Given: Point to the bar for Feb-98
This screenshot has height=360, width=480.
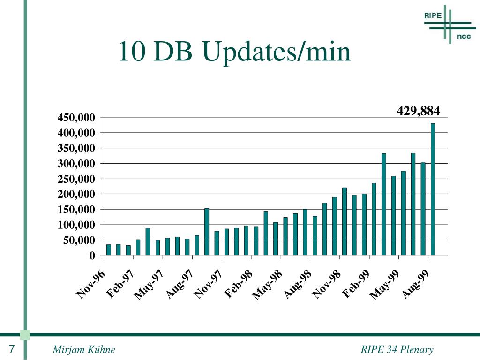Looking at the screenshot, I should click(256, 241).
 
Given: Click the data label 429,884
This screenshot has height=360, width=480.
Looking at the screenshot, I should click(418, 111).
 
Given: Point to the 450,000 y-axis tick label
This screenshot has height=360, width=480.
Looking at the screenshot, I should click(76, 118).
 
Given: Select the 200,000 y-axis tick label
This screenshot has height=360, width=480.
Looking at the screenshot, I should click(76, 195).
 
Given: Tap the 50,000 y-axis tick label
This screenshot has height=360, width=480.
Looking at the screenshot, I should click(79, 240).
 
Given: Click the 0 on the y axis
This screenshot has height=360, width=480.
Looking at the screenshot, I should click(92, 256).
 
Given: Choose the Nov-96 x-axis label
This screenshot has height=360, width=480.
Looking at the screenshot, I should click(91, 284).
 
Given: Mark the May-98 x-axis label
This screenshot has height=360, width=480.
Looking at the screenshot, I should click(268, 284).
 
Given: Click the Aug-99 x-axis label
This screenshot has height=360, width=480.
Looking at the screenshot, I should click(415, 284).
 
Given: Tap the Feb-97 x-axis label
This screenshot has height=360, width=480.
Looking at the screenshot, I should click(120, 284).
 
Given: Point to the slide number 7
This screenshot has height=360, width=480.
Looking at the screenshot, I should click(11, 350).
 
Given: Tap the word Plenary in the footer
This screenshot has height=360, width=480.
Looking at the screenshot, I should click(418, 350).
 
